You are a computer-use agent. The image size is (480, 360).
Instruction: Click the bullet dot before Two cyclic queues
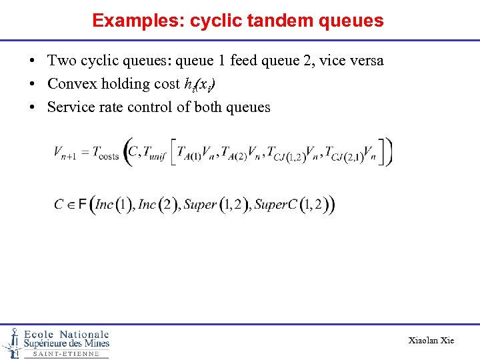point(32,61)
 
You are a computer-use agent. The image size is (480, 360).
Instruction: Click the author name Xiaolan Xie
point(431,340)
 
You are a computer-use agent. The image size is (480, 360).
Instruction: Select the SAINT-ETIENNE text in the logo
point(65,354)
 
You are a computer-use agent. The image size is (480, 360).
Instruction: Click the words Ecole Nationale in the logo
point(66,334)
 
